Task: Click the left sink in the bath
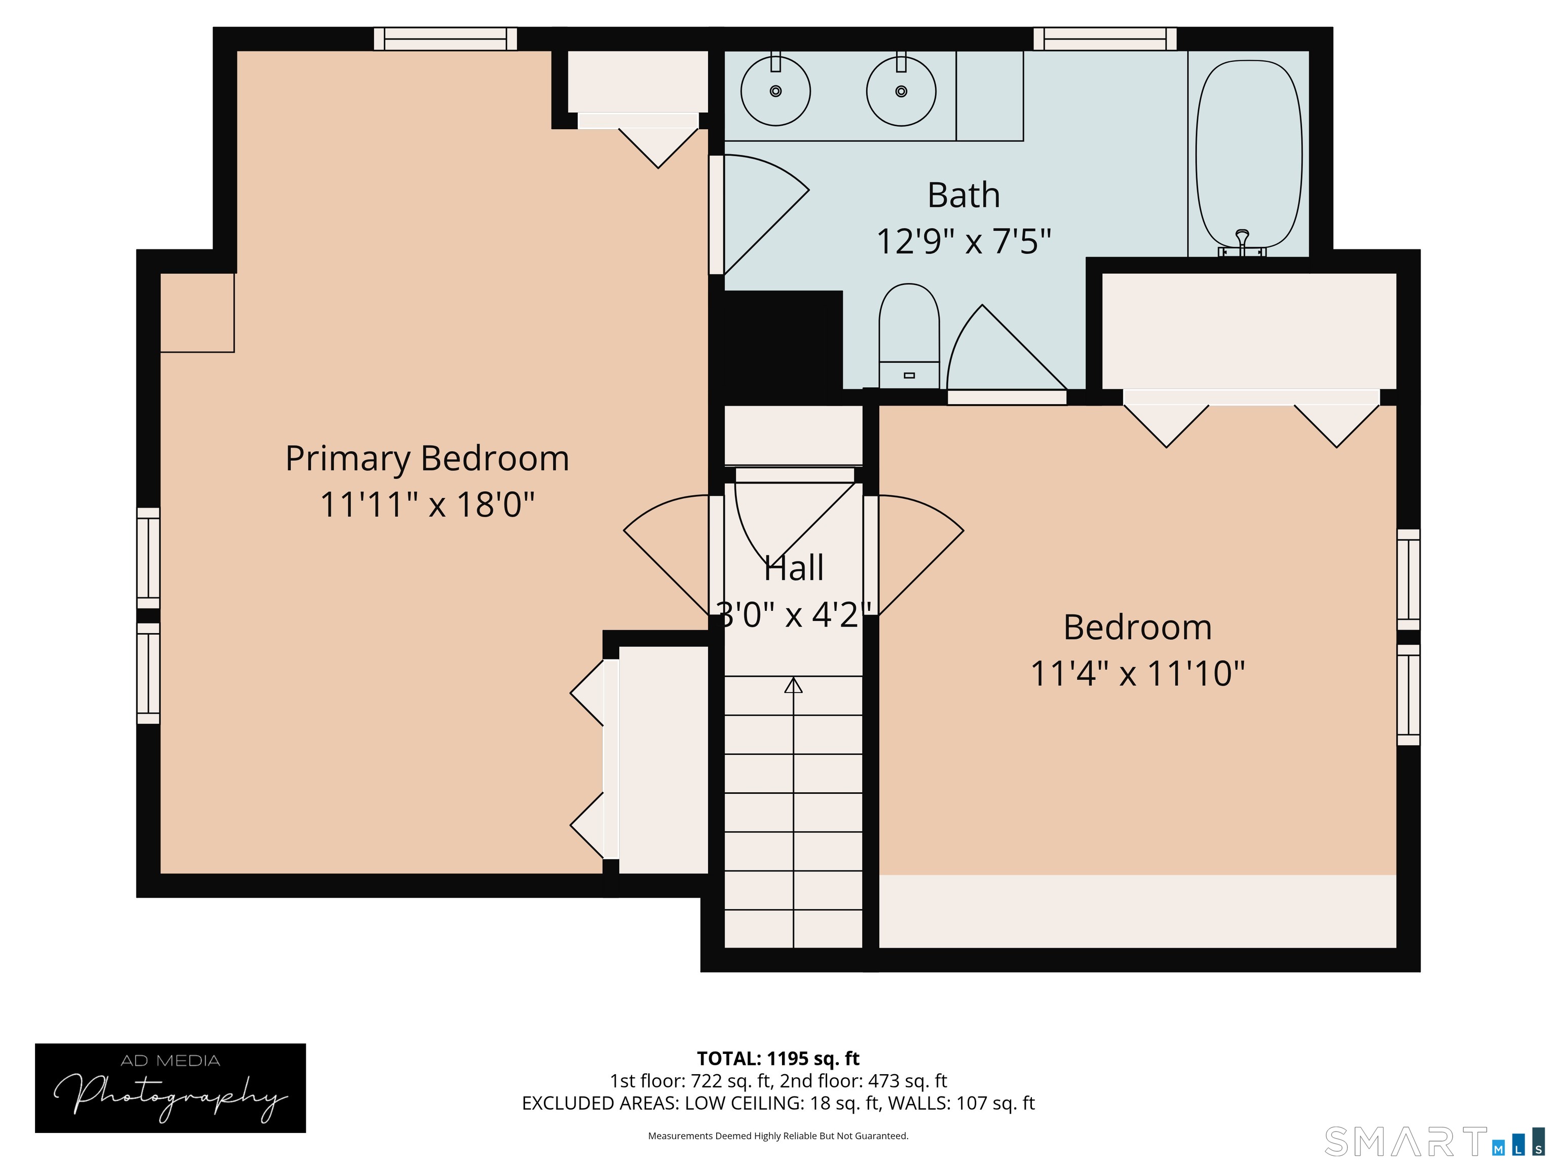pyautogui.click(x=775, y=91)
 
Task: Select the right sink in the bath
pyautogui.click(x=901, y=91)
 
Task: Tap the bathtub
pyautogui.click(x=1249, y=155)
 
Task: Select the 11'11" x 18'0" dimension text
pyautogui.click(x=427, y=505)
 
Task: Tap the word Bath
pyautogui.click(x=963, y=195)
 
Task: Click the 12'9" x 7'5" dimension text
pyautogui.click(x=963, y=241)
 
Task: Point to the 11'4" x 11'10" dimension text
pyautogui.click(x=1137, y=674)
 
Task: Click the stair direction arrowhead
pyautogui.click(x=793, y=684)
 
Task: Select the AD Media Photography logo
pyautogui.click(x=170, y=1088)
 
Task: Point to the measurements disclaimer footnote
pyautogui.click(x=778, y=1136)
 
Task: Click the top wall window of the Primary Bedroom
pyautogui.click(x=445, y=39)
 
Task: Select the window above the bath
pyautogui.click(x=1105, y=39)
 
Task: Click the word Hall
pyautogui.click(x=793, y=568)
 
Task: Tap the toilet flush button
pyautogui.click(x=909, y=375)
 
